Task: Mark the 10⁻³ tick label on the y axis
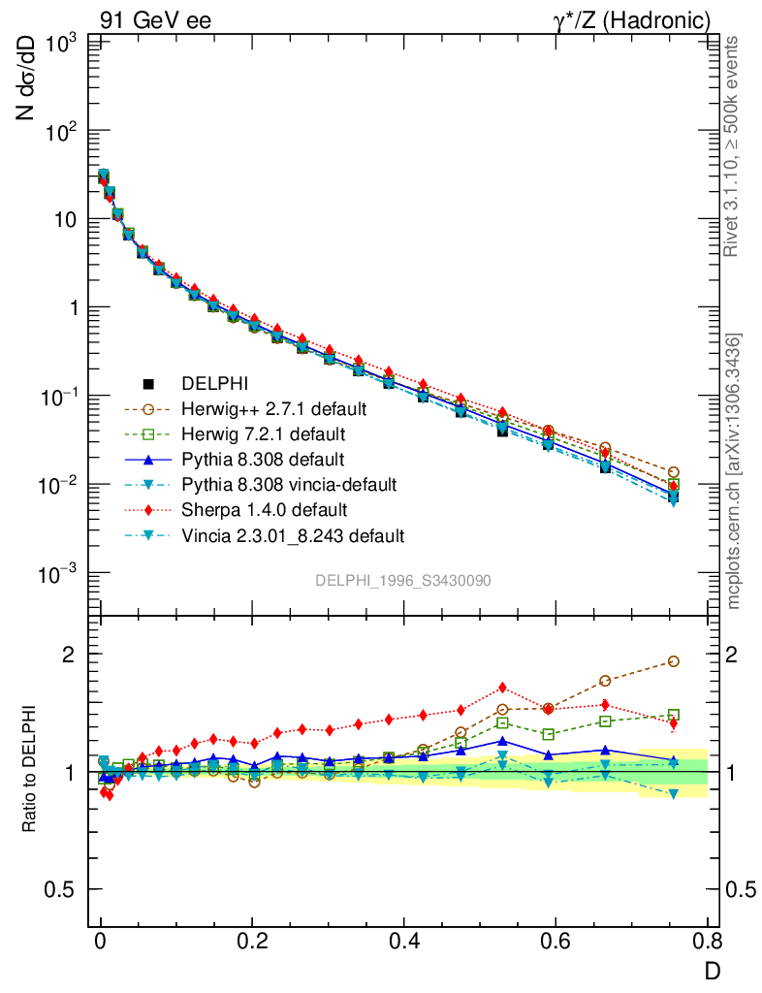coord(57,573)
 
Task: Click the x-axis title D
coord(711,970)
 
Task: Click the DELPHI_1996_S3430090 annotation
coord(402,580)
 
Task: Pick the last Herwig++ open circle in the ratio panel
coord(673,661)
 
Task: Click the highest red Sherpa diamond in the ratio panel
coord(502,688)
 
